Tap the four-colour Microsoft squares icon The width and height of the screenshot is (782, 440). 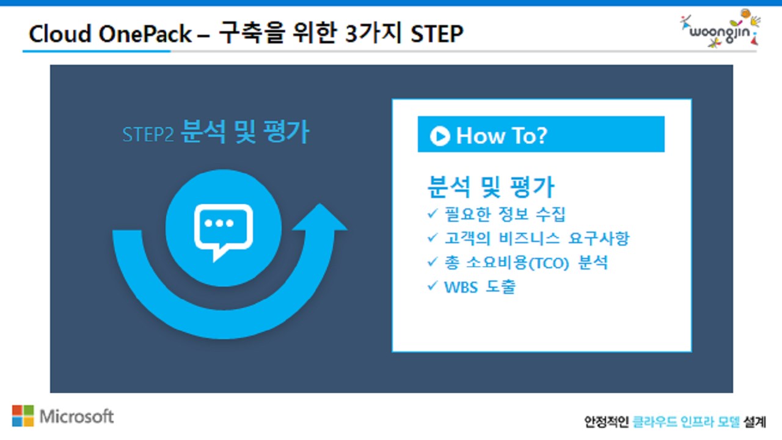23,416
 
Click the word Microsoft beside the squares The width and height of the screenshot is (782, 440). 77,416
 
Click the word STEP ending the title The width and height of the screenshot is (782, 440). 437,34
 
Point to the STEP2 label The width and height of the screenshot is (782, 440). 148,134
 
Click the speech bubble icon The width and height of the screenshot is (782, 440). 223,230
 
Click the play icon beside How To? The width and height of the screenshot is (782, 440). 440,136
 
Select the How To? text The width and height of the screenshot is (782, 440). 502,136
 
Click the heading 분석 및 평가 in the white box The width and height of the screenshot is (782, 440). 491,186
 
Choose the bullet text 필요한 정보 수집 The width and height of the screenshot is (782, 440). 505,215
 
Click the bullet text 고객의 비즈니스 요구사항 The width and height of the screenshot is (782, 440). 537,238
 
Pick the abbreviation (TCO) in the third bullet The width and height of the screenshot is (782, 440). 548,263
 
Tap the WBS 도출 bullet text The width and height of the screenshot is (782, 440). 480,287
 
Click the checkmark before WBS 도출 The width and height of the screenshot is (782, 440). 433,286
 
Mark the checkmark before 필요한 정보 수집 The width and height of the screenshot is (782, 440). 433,214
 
